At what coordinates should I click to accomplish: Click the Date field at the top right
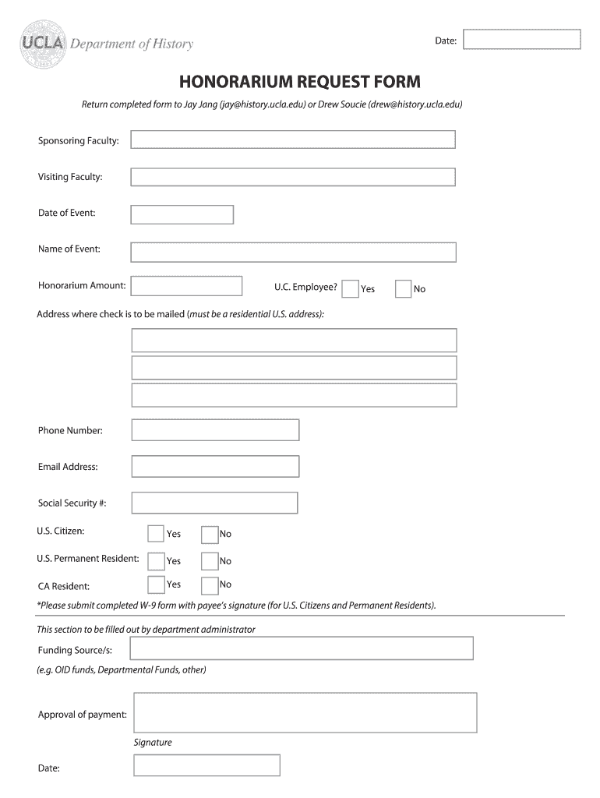(x=521, y=40)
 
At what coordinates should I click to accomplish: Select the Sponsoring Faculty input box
(x=293, y=139)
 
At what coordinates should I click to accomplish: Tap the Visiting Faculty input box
(x=293, y=177)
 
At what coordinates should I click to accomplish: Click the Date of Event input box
(x=182, y=214)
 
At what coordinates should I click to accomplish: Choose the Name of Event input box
(x=293, y=252)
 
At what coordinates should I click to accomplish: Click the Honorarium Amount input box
(x=186, y=286)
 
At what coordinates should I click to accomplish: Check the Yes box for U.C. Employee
(x=351, y=289)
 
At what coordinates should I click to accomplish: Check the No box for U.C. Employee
(x=403, y=289)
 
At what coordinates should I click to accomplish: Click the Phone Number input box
(x=215, y=430)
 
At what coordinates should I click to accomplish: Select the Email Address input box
(x=215, y=467)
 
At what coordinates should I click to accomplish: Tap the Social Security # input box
(x=214, y=503)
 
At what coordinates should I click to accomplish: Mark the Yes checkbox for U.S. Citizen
(x=156, y=534)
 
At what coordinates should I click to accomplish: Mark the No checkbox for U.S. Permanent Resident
(x=210, y=561)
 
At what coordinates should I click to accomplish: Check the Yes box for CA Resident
(x=156, y=584)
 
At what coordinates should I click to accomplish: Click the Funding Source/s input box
(x=301, y=648)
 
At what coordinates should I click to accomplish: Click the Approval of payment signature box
(x=305, y=712)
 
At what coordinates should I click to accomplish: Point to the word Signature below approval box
(x=153, y=743)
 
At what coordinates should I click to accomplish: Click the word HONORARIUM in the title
(x=232, y=82)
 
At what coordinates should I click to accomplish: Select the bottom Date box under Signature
(x=206, y=765)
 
